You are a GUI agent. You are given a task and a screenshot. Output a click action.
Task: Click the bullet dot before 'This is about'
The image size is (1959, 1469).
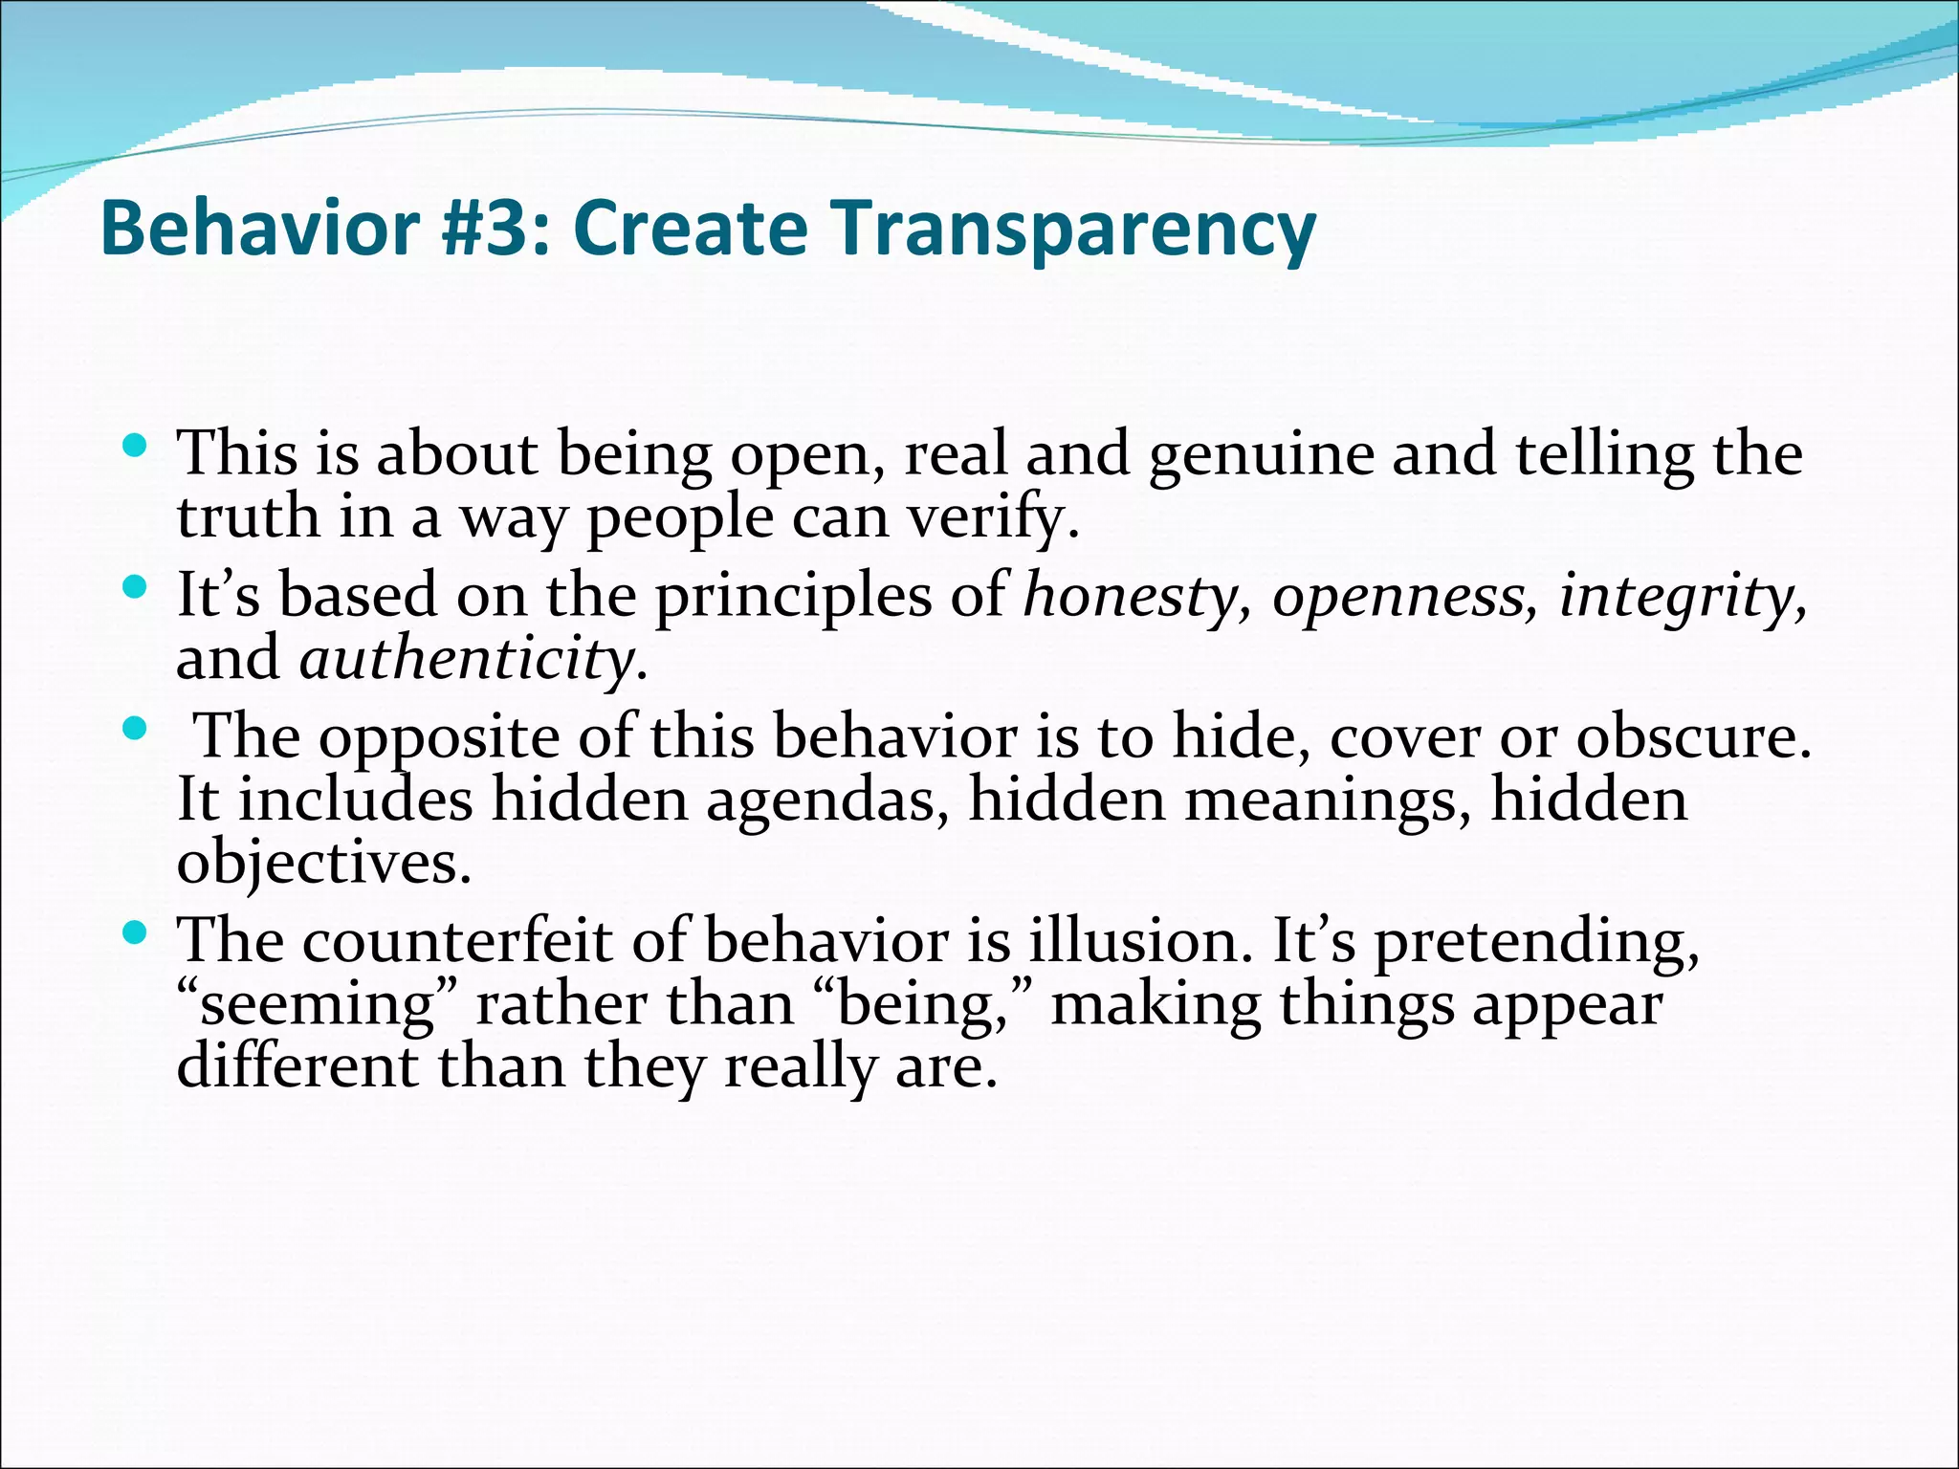click(135, 444)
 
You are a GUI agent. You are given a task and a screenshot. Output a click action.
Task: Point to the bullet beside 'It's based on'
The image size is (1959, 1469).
click(135, 585)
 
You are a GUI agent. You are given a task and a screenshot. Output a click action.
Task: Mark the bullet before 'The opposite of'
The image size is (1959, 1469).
click(135, 729)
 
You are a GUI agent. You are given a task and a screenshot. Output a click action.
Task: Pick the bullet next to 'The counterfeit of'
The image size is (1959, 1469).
click(135, 932)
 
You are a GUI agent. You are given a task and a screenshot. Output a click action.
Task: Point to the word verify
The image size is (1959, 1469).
click(992, 518)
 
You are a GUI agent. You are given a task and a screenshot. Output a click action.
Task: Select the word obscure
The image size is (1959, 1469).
click(1693, 738)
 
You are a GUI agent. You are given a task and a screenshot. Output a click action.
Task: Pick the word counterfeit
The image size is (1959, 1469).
click(457, 941)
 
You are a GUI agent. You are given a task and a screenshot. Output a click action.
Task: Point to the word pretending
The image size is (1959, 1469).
click(1536, 943)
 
